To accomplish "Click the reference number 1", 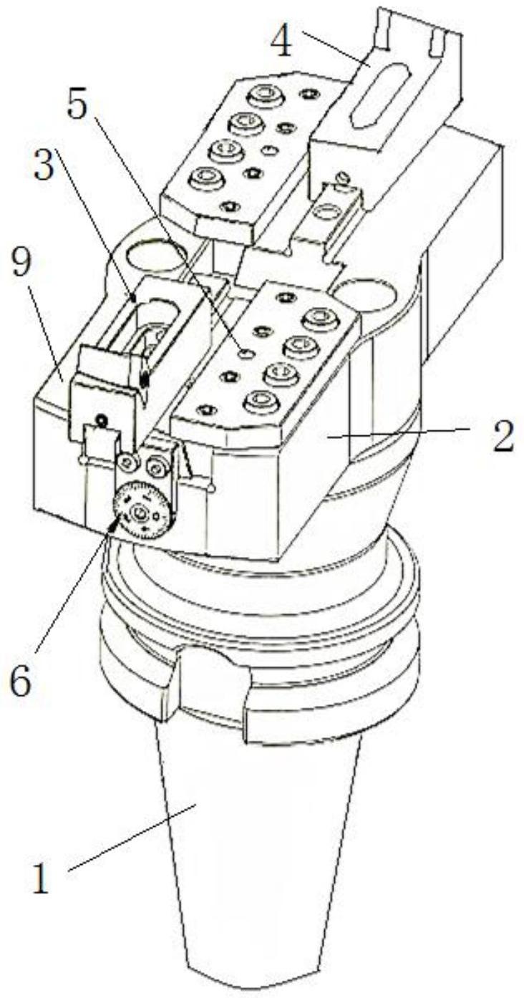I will tap(42, 879).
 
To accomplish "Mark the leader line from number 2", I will tap(401, 432).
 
